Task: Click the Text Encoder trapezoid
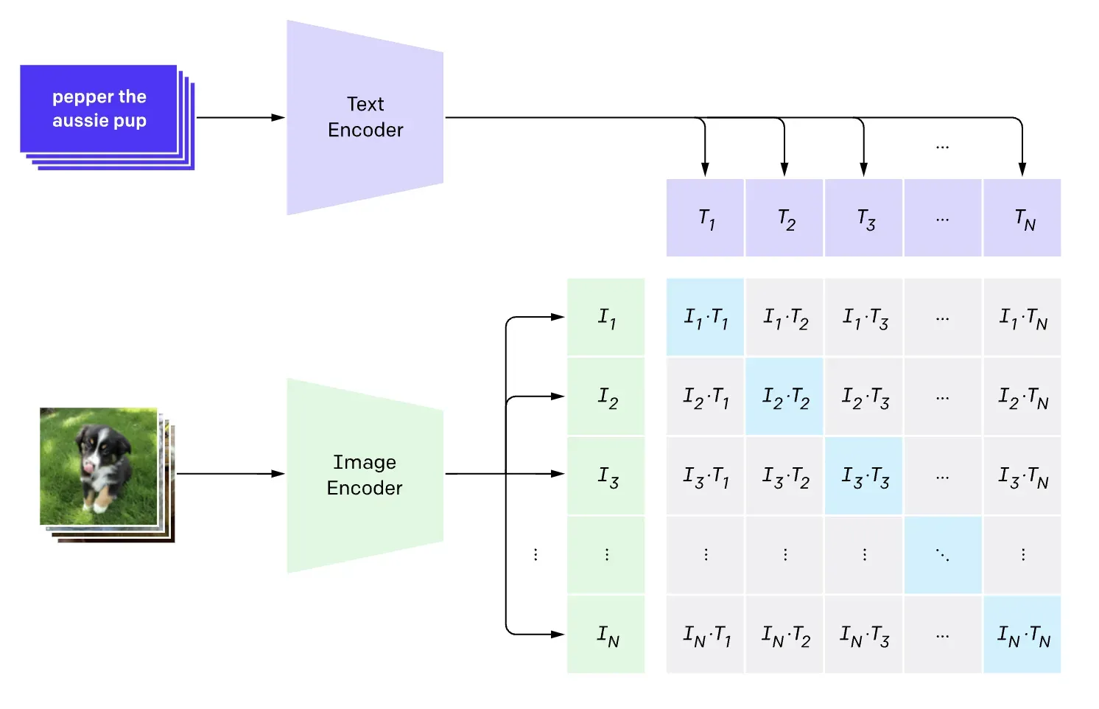pos(365,117)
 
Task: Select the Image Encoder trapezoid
pos(365,475)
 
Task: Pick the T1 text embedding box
pos(705,217)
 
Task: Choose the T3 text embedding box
pos(863,217)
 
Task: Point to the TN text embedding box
pos(1022,217)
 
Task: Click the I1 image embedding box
pos(606,317)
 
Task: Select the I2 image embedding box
pos(606,397)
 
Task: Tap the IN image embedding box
pos(606,635)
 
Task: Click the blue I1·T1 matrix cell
pos(705,317)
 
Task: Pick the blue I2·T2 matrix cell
pos(784,397)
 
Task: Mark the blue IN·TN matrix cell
pos(1022,635)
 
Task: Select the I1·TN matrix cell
pos(1022,317)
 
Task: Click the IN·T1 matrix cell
pos(705,635)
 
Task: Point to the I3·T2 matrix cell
pos(784,476)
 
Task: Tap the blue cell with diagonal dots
pos(943,555)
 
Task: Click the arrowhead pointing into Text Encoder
pos(278,117)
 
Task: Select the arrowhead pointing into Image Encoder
pos(278,474)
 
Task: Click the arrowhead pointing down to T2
pos(784,170)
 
